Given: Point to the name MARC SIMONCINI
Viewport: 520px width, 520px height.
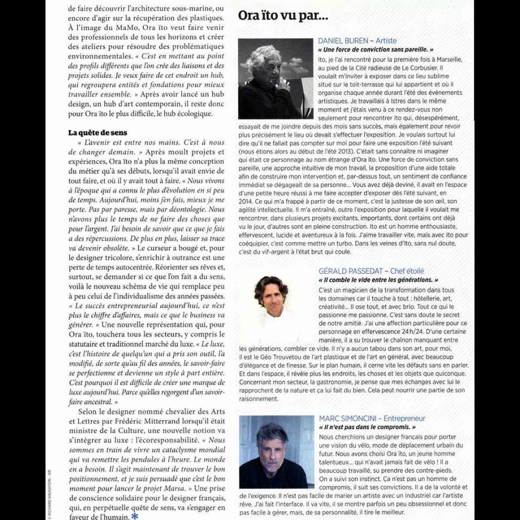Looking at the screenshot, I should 346,418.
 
